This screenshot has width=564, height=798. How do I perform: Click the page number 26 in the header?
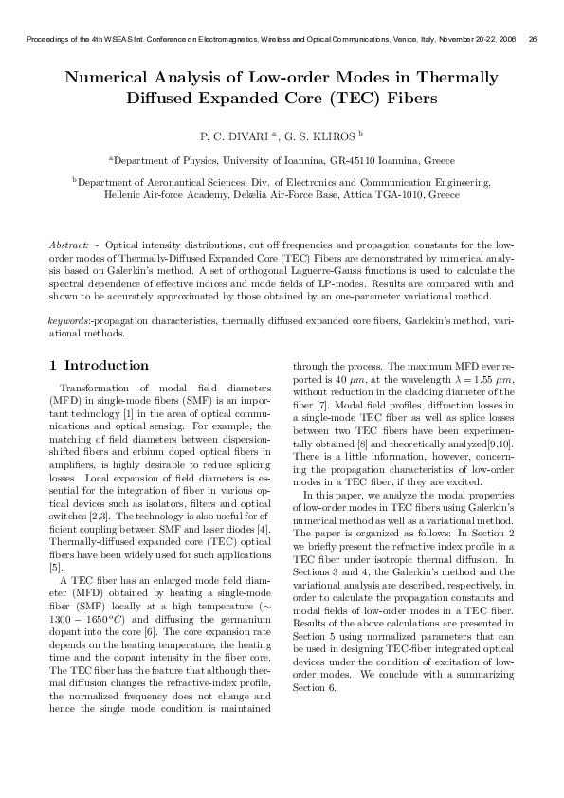[533, 39]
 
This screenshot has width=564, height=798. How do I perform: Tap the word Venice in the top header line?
[409, 39]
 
